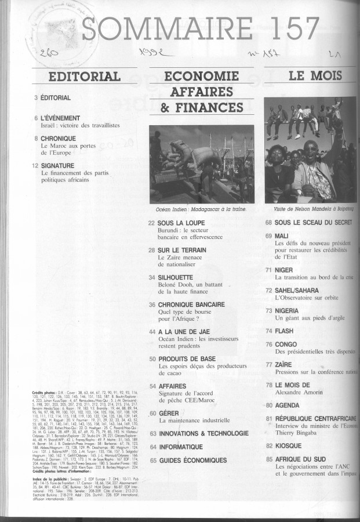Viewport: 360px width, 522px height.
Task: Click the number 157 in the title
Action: click(x=289, y=28)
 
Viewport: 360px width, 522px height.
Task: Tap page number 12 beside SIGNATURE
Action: click(x=35, y=165)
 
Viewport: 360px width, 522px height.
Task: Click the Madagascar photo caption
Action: click(x=201, y=207)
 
